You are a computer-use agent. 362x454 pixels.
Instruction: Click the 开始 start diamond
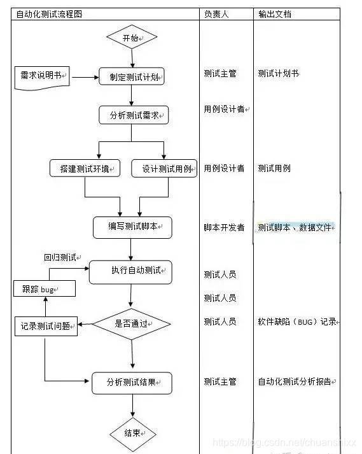point(131,38)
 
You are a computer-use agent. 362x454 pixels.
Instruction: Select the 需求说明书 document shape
point(41,76)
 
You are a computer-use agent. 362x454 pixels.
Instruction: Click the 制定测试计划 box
point(132,76)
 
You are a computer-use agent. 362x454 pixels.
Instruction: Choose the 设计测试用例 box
point(164,168)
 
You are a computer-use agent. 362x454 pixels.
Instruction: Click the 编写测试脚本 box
point(132,227)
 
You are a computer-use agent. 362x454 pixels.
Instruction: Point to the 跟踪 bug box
point(45,289)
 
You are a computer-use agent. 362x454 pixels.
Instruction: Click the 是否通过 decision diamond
point(132,324)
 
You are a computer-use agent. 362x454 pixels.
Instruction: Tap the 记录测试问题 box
point(46,327)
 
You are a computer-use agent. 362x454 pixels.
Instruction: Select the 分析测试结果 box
point(132,382)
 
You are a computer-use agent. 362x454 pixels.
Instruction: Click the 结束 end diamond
point(132,433)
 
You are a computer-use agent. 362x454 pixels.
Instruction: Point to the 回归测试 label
point(60,258)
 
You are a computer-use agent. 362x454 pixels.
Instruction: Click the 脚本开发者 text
point(224,227)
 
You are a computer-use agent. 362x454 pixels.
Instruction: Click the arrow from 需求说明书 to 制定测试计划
point(85,77)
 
